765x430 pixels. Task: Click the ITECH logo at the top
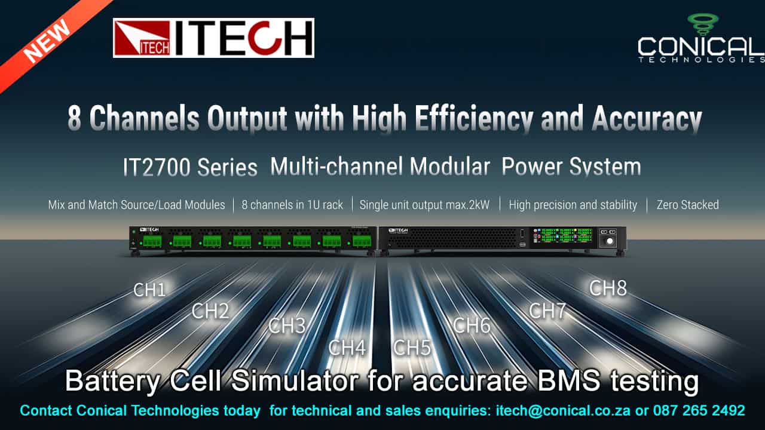click(213, 38)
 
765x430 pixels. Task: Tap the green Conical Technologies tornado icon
click(702, 23)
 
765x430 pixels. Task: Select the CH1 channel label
click(149, 290)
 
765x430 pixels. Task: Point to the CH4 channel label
click(347, 348)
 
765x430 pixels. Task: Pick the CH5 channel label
click(412, 348)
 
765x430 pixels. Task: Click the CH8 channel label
click(608, 288)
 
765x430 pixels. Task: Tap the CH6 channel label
click(472, 325)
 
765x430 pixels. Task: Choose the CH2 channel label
click(210, 311)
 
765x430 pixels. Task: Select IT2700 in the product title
click(156, 167)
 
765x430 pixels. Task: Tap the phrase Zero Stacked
click(687, 205)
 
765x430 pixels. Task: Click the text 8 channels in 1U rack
click(292, 205)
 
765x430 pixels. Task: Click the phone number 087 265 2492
click(698, 411)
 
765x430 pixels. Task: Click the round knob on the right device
click(609, 242)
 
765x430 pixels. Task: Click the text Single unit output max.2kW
click(424, 205)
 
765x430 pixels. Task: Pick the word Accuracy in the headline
click(647, 119)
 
